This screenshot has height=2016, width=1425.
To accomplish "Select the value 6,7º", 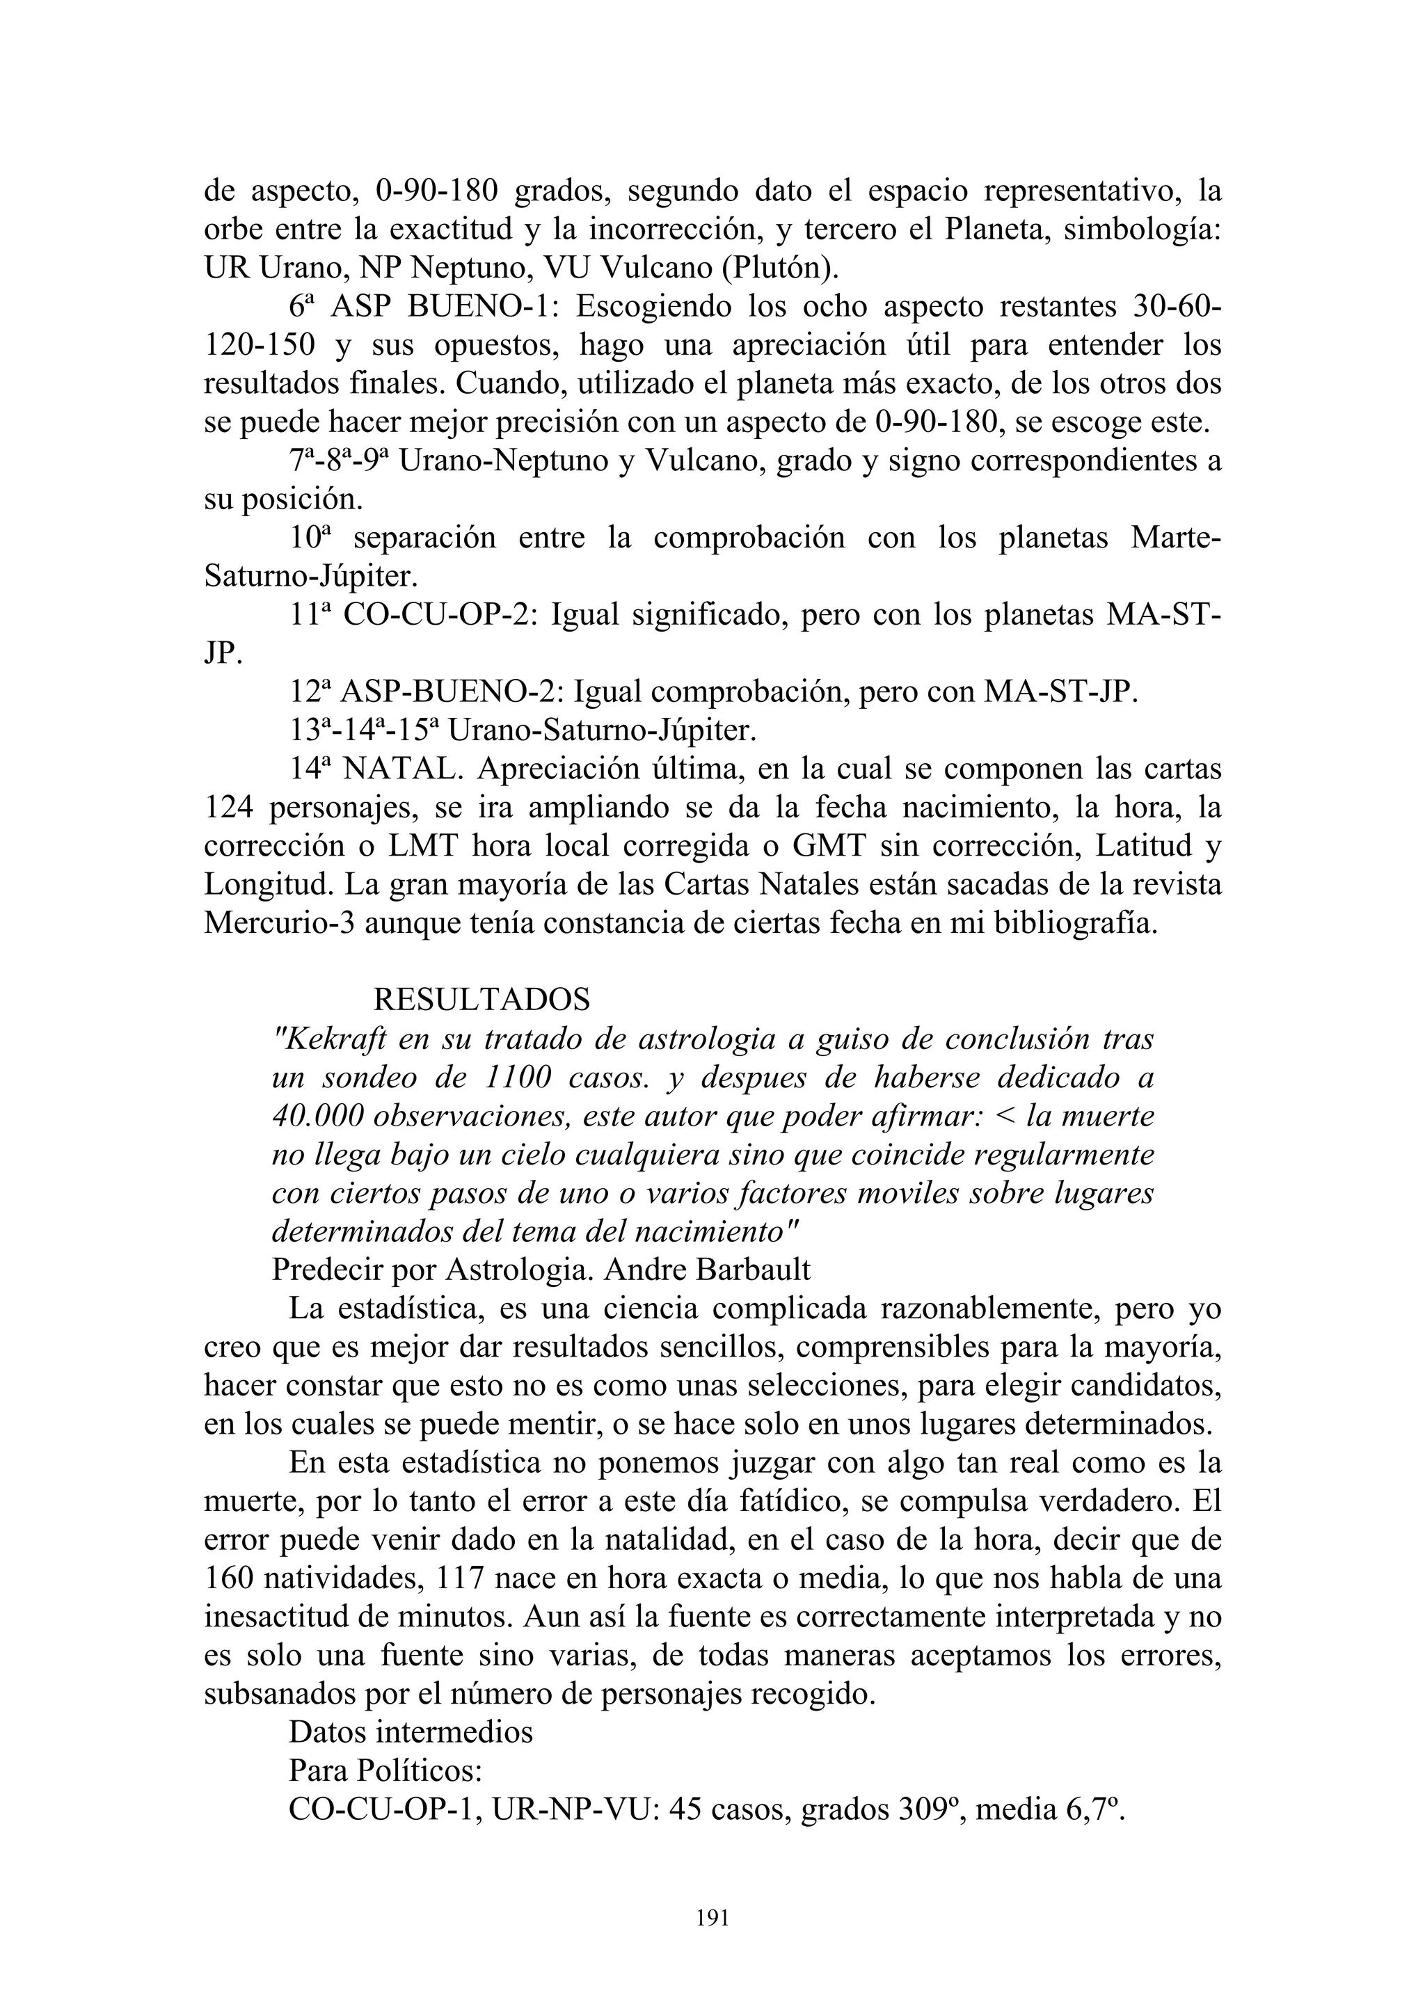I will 1093,1809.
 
